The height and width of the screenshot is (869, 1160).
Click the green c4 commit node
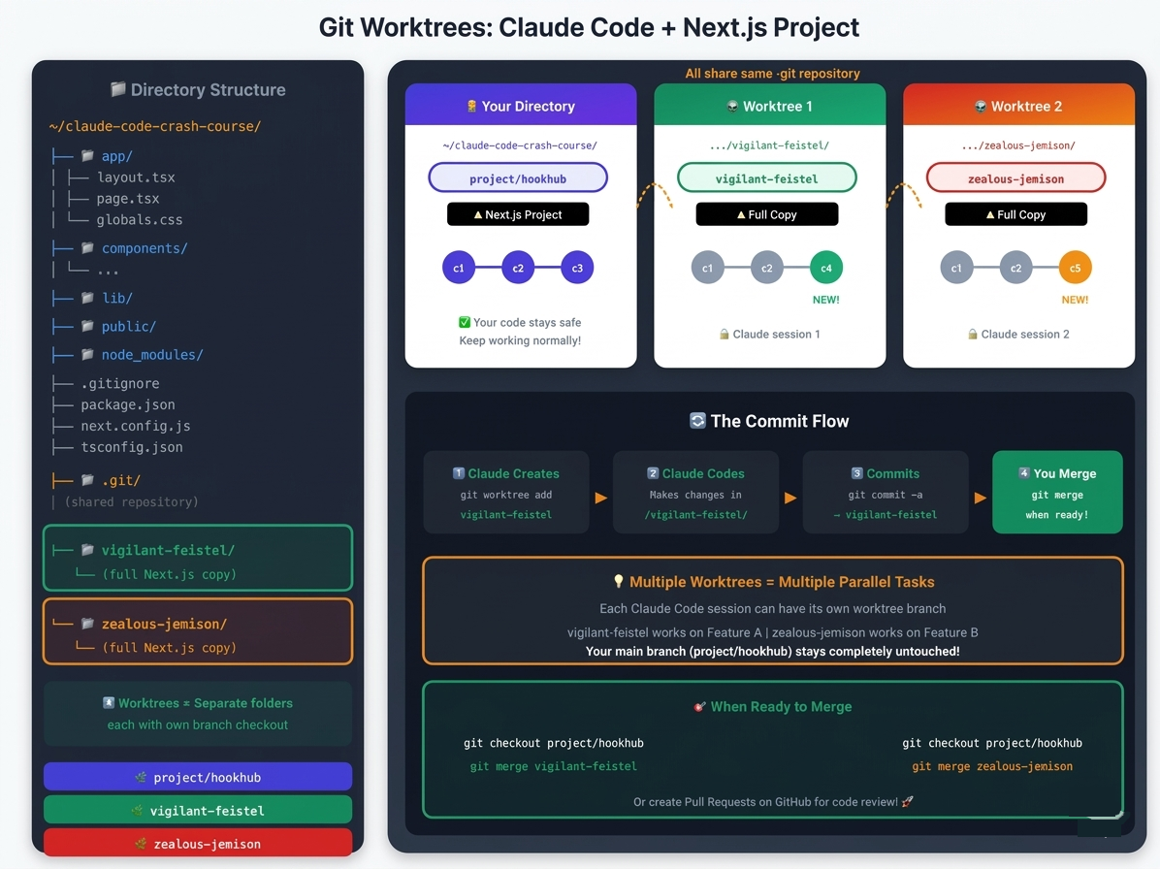(x=825, y=268)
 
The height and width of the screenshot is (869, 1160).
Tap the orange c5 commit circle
(x=1075, y=268)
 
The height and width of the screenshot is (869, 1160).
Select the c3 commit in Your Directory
(x=577, y=268)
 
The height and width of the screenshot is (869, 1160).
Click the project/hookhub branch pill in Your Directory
(x=518, y=178)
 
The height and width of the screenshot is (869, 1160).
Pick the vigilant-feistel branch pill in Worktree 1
(x=767, y=178)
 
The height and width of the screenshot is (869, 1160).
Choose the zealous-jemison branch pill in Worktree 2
(x=1015, y=178)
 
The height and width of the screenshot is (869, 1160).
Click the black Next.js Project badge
(x=518, y=214)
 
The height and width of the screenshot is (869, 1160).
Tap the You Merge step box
(x=1057, y=493)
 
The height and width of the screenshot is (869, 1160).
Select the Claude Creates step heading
(x=506, y=473)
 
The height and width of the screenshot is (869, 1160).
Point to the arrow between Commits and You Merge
(x=981, y=498)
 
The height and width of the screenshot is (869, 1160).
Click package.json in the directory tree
(x=128, y=404)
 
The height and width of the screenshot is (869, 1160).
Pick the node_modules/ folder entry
(x=151, y=355)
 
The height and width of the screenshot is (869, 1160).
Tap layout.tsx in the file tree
(x=136, y=177)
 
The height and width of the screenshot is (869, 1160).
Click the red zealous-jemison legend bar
(x=198, y=843)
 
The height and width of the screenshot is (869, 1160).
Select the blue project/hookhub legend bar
(x=198, y=777)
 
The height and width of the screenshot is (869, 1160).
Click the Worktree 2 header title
(x=1018, y=107)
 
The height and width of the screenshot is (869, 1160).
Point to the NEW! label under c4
(x=825, y=300)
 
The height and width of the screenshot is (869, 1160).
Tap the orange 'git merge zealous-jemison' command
(x=992, y=766)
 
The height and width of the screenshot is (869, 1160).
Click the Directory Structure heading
(x=198, y=89)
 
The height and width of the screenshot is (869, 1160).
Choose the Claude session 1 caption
(x=769, y=335)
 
